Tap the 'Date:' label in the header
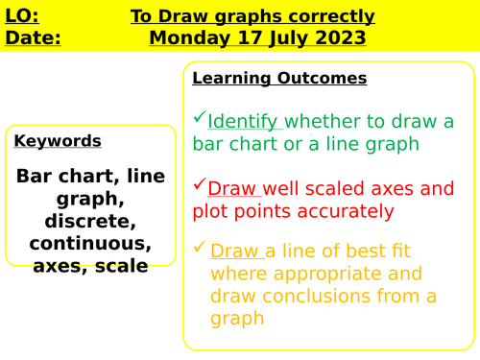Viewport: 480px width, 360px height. [33, 38]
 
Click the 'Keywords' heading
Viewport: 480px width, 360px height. [58, 141]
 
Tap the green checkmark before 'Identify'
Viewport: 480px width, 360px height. [199, 117]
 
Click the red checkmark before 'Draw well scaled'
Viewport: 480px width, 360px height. [199, 182]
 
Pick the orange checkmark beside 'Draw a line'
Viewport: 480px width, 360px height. [200, 248]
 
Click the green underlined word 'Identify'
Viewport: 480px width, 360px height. [244, 121]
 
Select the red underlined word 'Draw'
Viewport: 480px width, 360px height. [232, 187]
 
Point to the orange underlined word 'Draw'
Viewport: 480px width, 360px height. [235, 252]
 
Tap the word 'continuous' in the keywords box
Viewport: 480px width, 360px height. [90, 243]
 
